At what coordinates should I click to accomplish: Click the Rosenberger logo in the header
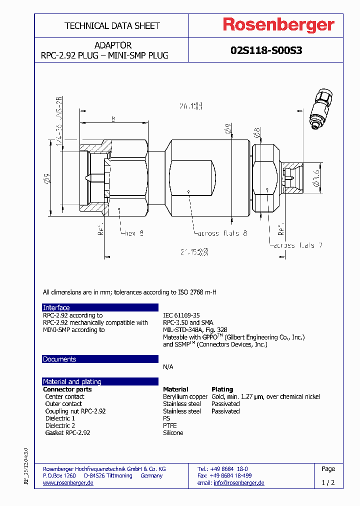pyautogui.click(x=278, y=25)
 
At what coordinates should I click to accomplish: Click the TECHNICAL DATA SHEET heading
pyautogui.click(x=112, y=25)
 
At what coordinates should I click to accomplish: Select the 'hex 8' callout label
pyautogui.click(x=134, y=233)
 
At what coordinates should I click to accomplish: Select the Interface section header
pyautogui.click(x=56, y=307)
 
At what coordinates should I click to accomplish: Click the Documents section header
pyautogui.click(x=59, y=359)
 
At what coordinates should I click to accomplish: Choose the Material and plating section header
pyautogui.click(x=72, y=381)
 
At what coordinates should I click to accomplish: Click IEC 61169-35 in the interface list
pyautogui.click(x=181, y=315)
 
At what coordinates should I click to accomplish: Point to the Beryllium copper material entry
pyautogui.click(x=185, y=396)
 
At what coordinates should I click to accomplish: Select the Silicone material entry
pyautogui.click(x=173, y=432)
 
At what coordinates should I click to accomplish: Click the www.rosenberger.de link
pyautogui.click(x=68, y=482)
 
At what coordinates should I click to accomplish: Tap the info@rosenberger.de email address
pyautogui.click(x=238, y=482)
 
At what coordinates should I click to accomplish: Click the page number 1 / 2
pyautogui.click(x=328, y=483)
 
